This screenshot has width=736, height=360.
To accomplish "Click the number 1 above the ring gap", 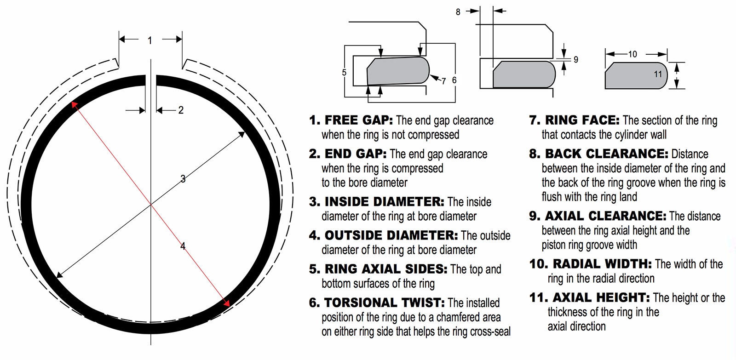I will (x=149, y=41).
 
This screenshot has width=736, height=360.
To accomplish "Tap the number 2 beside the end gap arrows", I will (x=181, y=110).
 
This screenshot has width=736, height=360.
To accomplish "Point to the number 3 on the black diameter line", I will (x=183, y=179).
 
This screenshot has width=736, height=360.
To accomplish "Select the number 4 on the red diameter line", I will (x=183, y=246).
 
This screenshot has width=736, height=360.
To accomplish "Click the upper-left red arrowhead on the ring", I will (x=74, y=105).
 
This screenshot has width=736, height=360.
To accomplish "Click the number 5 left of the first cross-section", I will (x=344, y=73).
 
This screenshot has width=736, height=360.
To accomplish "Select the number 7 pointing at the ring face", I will (x=443, y=81).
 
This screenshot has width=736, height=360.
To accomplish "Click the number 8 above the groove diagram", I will (x=458, y=12).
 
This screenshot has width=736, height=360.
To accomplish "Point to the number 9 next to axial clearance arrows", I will (x=575, y=60).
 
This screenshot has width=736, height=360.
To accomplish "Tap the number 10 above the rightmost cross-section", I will (x=632, y=54).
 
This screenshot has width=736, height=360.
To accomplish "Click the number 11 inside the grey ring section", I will (x=658, y=74).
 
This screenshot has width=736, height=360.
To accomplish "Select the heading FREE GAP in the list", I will (x=358, y=120).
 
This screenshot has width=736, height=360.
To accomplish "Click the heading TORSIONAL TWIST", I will (x=384, y=303).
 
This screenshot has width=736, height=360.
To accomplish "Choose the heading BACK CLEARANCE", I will (x=606, y=154).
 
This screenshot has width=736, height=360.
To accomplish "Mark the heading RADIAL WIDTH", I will (x=602, y=264).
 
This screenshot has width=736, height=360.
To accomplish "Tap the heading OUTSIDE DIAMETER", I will (x=391, y=235).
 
